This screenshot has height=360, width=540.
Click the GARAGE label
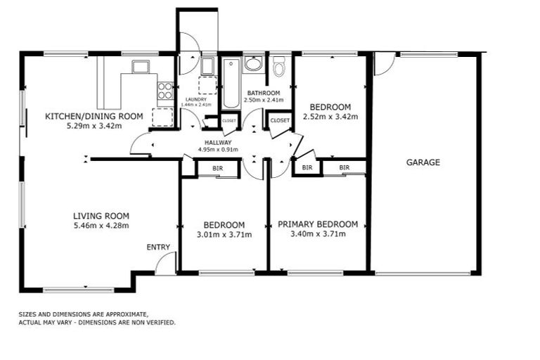pyautogui.click(x=423, y=162)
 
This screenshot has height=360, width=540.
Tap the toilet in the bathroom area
pyautogui.click(x=279, y=67)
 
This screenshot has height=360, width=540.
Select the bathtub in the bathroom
pyautogui.click(x=231, y=84)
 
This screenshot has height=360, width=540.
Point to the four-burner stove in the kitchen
pyautogui.click(x=165, y=90)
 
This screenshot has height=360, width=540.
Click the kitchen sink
pyautogui.click(x=141, y=67)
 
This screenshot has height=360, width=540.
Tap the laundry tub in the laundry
pyautogui.click(x=207, y=66)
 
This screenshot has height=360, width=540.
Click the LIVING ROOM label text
pyautogui.click(x=101, y=216)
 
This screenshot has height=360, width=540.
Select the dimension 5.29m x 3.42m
pyautogui.click(x=94, y=127)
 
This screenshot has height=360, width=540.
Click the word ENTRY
pyautogui.click(x=158, y=247)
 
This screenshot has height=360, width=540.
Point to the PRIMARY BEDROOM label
pyautogui.click(x=317, y=224)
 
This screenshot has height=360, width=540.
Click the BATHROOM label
pyautogui.click(x=263, y=93)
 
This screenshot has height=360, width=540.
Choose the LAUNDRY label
pyautogui.click(x=195, y=99)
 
